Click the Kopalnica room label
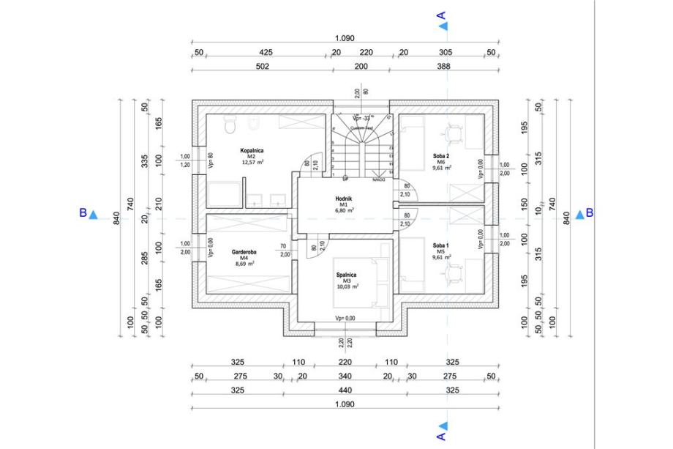(251, 150)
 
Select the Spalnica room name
(346, 275)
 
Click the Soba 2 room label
(441, 156)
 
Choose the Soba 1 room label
(441, 245)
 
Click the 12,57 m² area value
(252, 163)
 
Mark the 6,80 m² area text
(345, 210)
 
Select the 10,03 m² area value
(347, 287)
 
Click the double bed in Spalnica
(358, 283)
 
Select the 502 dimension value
(262, 66)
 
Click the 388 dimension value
(443, 66)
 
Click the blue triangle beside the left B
(93, 214)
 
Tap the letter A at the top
(440, 14)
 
